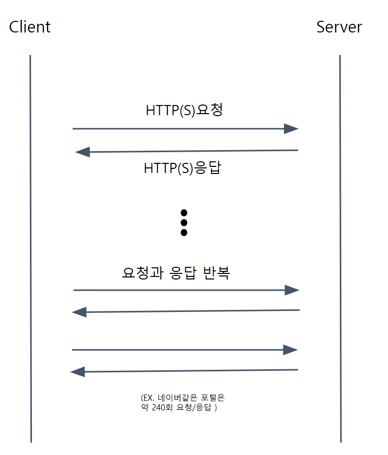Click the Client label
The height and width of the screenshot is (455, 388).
(30, 26)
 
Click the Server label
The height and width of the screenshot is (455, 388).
(339, 26)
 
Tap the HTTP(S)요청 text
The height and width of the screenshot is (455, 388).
(185, 110)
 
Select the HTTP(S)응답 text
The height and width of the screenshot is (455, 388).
(183, 167)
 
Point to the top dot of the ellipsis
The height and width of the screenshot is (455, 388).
(184, 213)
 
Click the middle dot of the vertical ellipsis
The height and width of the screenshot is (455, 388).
(184, 222)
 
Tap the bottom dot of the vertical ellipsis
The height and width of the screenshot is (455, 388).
(184, 232)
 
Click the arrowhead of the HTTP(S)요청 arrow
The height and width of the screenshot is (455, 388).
(291, 129)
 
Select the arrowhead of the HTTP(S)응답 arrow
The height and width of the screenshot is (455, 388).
(82, 152)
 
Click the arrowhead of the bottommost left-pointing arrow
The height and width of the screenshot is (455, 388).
(77, 372)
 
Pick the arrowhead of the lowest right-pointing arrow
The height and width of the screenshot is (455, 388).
(290, 349)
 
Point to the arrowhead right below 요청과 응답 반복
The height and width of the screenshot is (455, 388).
(292, 290)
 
